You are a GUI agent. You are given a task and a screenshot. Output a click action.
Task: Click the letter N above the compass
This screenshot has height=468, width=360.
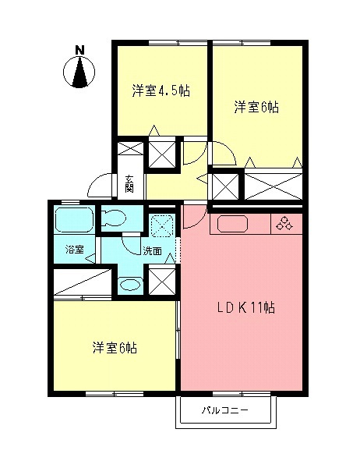[79, 50]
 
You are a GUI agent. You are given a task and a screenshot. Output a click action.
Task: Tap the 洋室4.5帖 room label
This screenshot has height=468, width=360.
[161, 90]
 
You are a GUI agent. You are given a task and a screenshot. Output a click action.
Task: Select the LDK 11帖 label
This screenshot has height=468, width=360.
[245, 308]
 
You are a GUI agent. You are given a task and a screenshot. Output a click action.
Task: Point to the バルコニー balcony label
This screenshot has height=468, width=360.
[225, 410]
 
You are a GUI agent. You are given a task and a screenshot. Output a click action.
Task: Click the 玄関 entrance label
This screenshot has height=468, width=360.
[129, 184]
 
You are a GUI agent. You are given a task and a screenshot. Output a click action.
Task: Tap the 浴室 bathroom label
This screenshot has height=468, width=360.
[75, 250]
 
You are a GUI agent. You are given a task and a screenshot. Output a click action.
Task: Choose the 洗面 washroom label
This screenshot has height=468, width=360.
[152, 251]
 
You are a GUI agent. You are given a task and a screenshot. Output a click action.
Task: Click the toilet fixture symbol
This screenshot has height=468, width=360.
[114, 218]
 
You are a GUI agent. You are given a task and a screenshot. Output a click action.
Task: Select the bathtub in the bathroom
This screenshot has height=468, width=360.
[74, 220]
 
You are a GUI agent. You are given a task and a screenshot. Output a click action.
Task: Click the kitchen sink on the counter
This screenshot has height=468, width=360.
[232, 224]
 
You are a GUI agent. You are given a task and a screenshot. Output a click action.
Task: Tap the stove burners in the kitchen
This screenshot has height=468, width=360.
[284, 224]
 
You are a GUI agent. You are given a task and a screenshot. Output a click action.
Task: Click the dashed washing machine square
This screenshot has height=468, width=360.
[161, 226]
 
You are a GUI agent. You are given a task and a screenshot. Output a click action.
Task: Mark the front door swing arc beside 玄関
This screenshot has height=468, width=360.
[99, 186]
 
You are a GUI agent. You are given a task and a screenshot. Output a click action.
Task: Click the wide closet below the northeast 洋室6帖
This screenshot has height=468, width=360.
[274, 186]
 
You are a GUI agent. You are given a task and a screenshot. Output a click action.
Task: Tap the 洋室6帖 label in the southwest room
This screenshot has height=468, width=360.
[115, 348]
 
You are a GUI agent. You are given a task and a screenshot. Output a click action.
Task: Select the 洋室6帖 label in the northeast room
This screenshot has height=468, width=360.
[256, 108]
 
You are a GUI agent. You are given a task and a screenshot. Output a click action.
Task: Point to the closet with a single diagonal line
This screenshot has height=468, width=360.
[83, 282]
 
